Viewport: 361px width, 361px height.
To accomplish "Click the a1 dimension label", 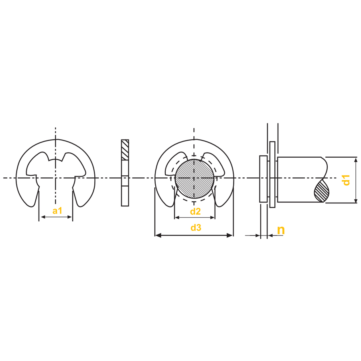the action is pyautogui.click(x=57, y=211).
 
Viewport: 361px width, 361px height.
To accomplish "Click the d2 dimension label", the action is pyautogui.click(x=195, y=211).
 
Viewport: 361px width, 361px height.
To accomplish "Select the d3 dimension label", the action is pyautogui.click(x=196, y=227).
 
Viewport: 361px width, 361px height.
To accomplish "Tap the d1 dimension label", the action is pyautogui.click(x=346, y=180).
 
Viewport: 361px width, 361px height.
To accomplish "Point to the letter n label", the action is pyautogui.click(x=281, y=230).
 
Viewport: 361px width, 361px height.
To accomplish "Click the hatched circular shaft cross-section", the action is pyautogui.click(x=194, y=178).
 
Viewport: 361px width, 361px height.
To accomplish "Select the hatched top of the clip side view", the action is pyautogui.click(x=125, y=150).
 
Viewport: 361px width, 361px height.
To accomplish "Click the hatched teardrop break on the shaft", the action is pyautogui.click(x=321, y=191).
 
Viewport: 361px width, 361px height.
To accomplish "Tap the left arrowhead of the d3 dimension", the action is pyautogui.click(x=158, y=235).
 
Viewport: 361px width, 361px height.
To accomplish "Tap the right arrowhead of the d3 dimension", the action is pyautogui.click(x=230, y=235).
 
